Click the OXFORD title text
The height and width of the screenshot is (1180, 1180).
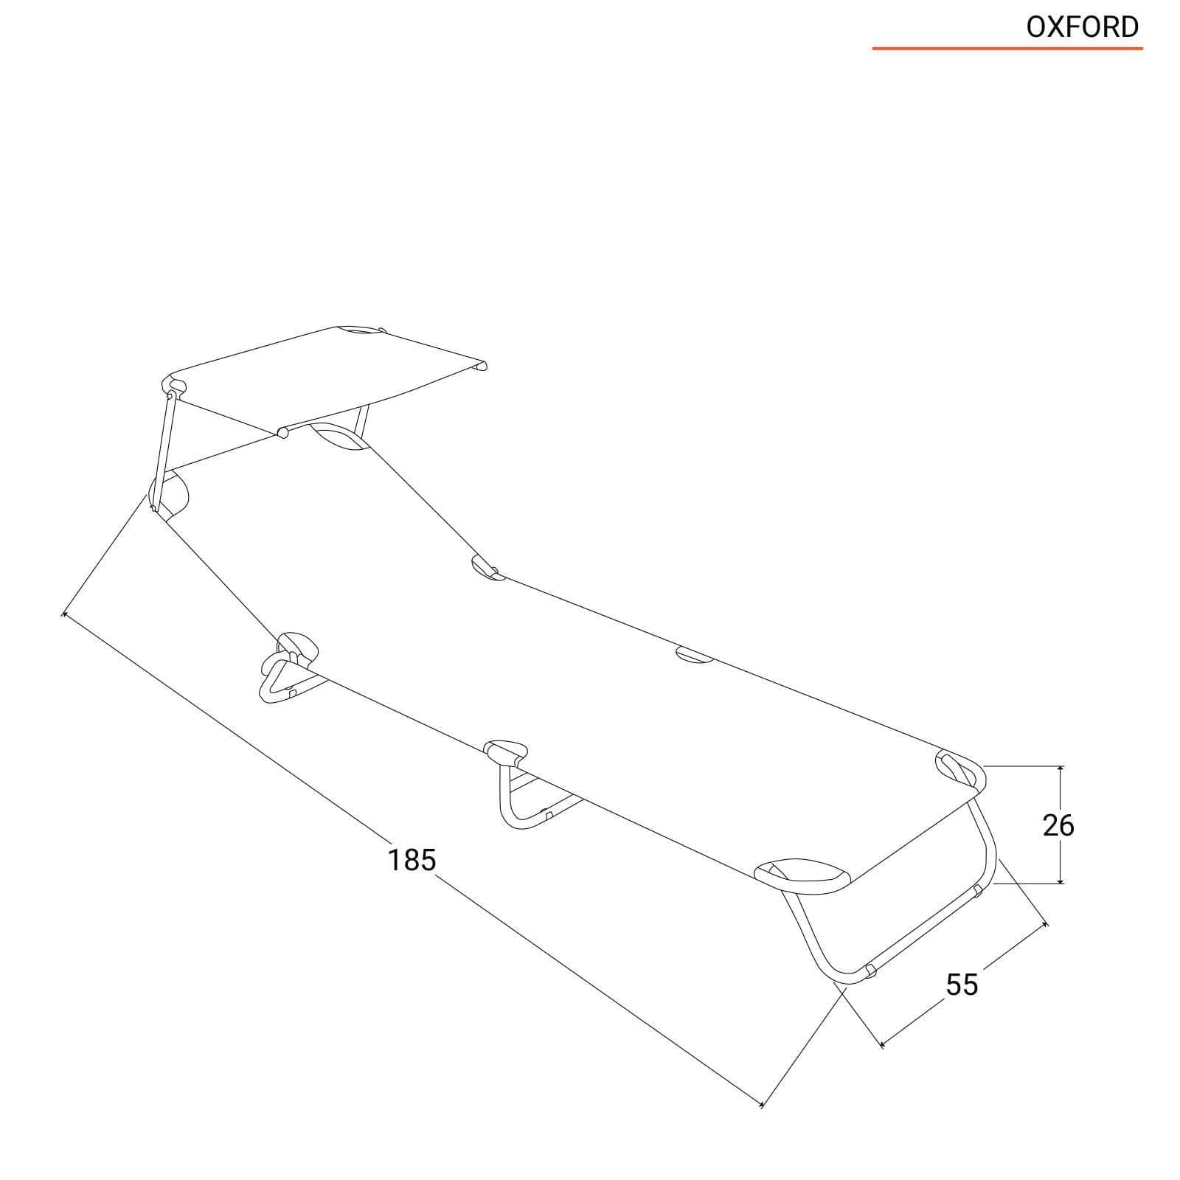click(1083, 27)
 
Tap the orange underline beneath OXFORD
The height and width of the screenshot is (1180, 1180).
click(1007, 49)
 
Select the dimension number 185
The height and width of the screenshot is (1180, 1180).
click(412, 860)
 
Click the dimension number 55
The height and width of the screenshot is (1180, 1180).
click(962, 985)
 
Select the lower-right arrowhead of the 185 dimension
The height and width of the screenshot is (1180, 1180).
click(760, 1123)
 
